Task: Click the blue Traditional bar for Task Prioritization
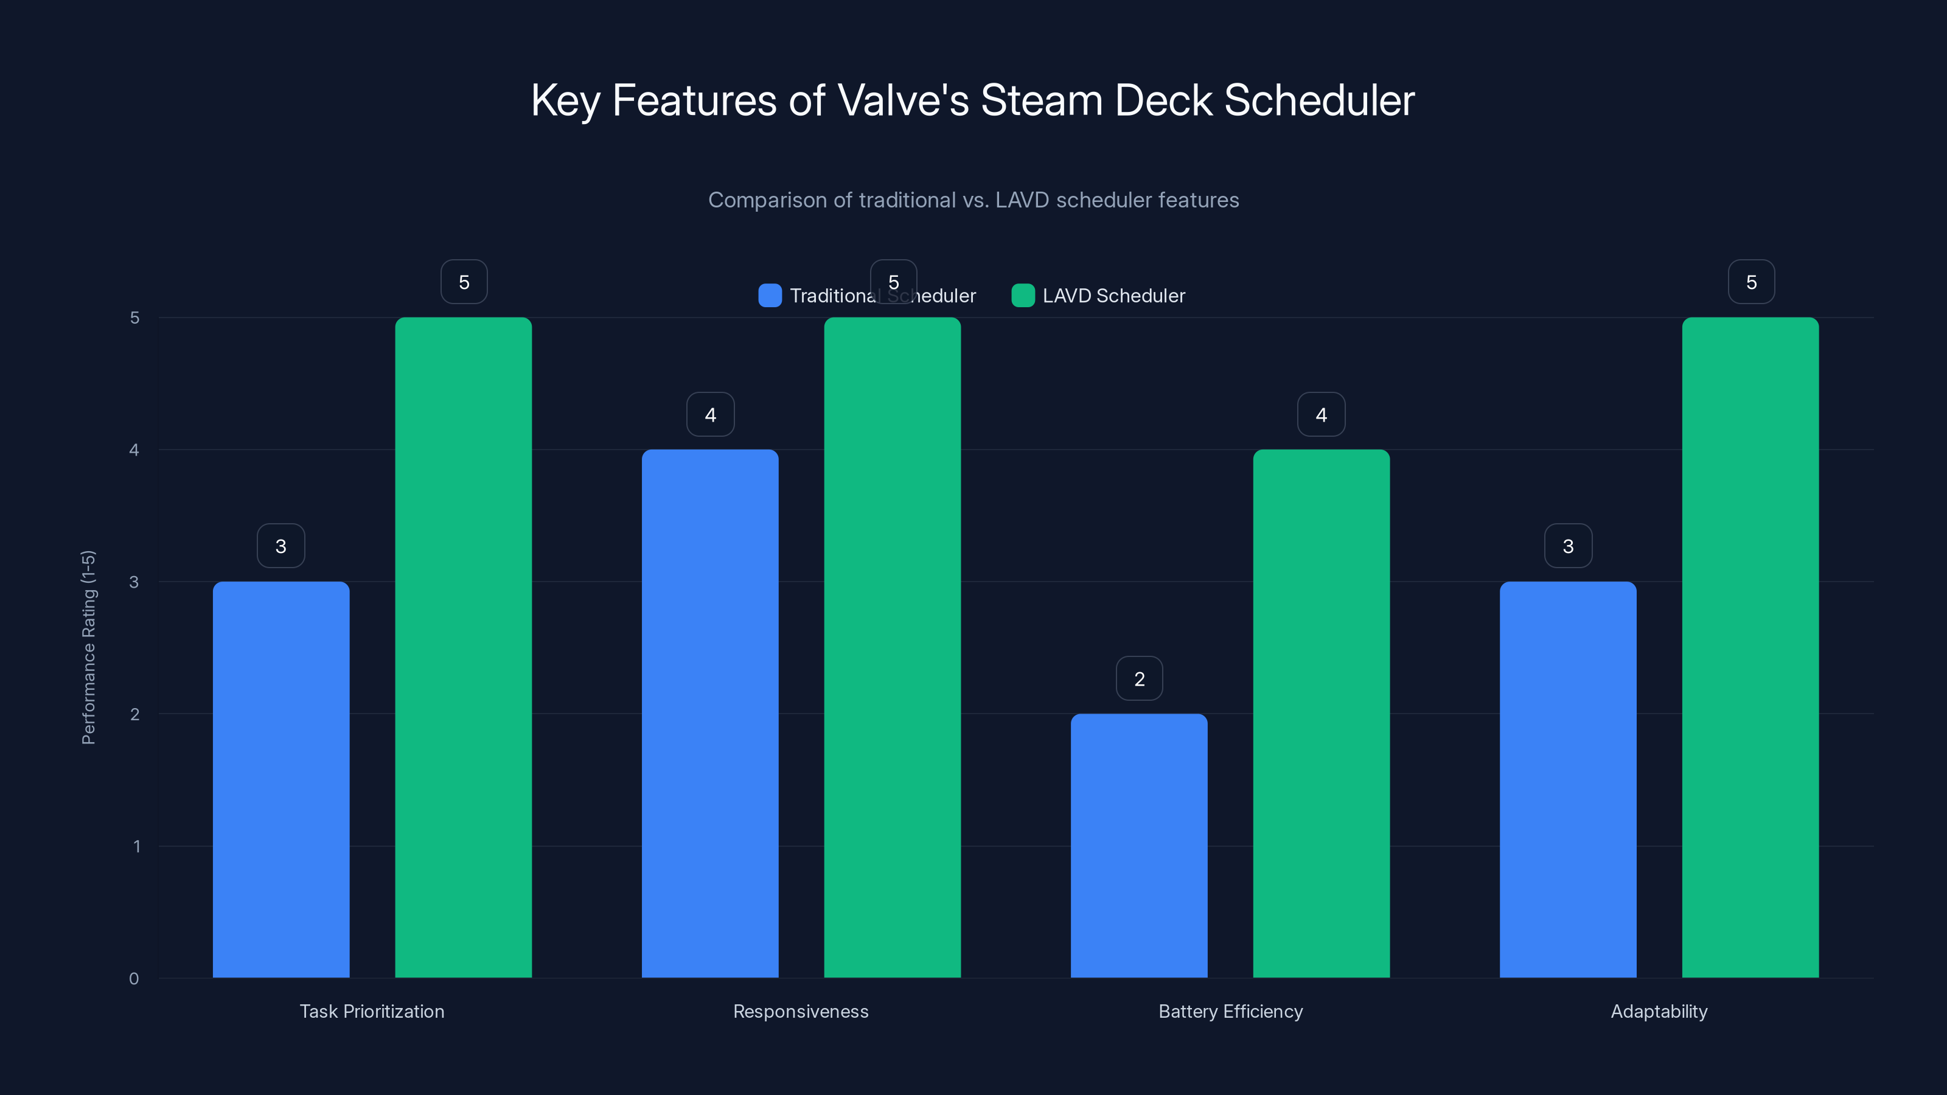tap(281, 779)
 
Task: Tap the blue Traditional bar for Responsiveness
tap(709, 714)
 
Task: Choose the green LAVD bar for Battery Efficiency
tap(1321, 714)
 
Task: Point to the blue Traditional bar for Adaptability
tap(1567, 779)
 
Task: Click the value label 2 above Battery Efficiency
tap(1139, 679)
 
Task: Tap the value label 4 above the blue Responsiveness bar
tap(709, 414)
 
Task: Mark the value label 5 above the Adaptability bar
tap(1751, 282)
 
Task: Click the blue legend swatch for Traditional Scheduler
tap(770, 296)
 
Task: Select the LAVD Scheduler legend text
tap(1113, 296)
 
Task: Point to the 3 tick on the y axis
tap(134, 582)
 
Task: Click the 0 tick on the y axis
tap(134, 979)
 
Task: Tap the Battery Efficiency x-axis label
tap(1230, 1011)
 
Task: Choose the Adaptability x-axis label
tap(1659, 1011)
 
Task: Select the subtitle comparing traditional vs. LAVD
tap(973, 200)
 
